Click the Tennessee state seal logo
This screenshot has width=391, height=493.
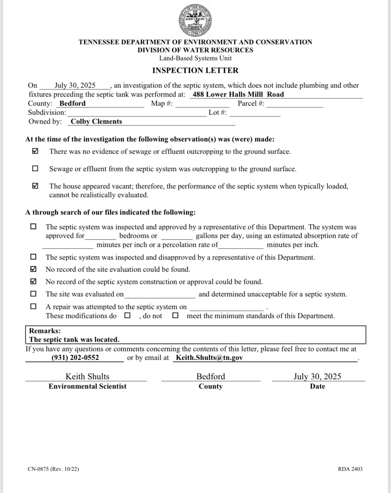[x=195, y=21]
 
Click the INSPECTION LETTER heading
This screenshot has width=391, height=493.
[x=195, y=70]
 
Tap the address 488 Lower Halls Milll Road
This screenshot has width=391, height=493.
[x=238, y=95]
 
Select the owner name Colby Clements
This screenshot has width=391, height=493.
[x=96, y=122]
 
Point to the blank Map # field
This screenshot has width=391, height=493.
[x=203, y=104]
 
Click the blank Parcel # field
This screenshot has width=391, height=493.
[x=294, y=104]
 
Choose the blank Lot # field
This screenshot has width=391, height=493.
[x=255, y=113]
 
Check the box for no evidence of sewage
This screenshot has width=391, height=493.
[x=35, y=151]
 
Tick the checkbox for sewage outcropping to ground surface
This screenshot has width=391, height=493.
[x=35, y=169]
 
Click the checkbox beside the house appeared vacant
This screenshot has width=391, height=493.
[x=35, y=186]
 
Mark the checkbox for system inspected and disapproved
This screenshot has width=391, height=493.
[x=33, y=257]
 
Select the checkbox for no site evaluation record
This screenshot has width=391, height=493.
[x=33, y=269]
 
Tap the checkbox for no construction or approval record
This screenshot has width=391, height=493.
[x=33, y=282]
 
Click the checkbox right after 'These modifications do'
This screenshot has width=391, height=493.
[x=127, y=316]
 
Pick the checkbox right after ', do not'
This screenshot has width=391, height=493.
[x=175, y=316]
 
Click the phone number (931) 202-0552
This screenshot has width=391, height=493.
[x=75, y=358]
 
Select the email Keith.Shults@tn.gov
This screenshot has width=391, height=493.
[x=209, y=358]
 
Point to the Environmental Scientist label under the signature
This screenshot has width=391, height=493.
[x=87, y=386]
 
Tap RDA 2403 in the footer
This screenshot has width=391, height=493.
[x=350, y=469]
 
